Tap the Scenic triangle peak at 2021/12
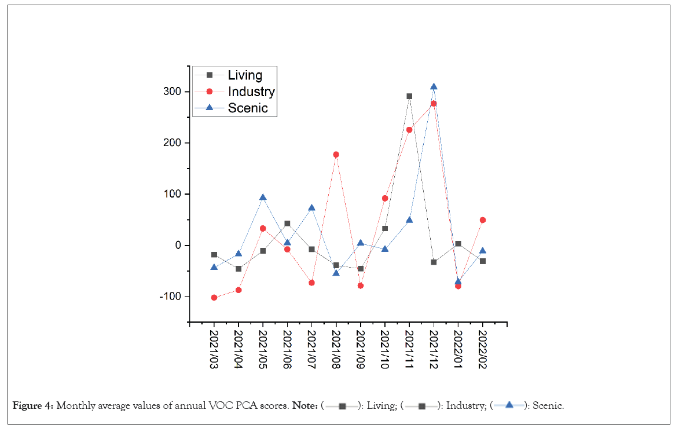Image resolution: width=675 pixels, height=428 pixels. [x=434, y=87]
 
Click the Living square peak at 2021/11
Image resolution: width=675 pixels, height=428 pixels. [x=409, y=96]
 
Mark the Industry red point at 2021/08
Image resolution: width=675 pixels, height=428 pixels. [x=336, y=155]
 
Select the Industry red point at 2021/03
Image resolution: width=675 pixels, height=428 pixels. [x=214, y=298]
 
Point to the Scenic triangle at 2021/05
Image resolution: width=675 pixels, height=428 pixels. [x=263, y=197]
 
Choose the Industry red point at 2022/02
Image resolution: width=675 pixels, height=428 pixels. [x=482, y=220]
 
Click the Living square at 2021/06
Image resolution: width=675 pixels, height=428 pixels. [x=287, y=224]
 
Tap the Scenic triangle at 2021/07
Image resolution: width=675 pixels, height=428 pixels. [x=311, y=208]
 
